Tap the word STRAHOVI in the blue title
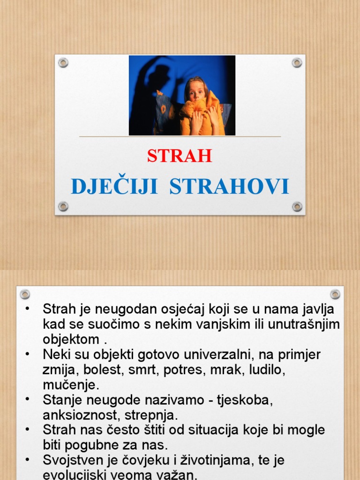[x=229, y=187]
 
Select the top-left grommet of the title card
[x=63, y=62]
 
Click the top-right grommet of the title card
[x=297, y=62]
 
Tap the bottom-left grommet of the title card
[x=63, y=206]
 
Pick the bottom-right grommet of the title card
[x=297, y=206]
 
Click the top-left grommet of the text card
[x=25, y=294]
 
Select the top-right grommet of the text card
[x=335, y=294]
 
